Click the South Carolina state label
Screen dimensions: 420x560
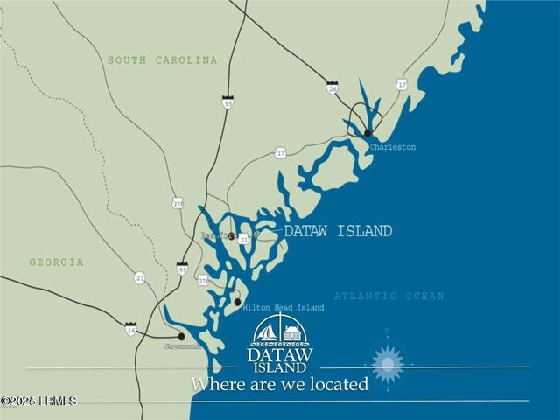[162, 60]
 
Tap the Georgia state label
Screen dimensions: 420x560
[56, 262]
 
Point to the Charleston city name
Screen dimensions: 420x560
[392, 147]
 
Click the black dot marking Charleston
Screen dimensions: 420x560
[367, 133]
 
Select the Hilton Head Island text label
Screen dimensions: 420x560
[283, 308]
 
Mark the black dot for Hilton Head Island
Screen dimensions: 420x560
[237, 302]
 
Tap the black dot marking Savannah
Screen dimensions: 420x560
[181, 336]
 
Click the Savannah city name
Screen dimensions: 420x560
[183, 346]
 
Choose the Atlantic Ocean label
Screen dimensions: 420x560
[388, 297]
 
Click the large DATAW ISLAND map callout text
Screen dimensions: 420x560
[338, 231]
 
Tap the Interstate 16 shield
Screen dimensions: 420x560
[130, 329]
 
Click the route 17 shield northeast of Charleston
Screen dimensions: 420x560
[402, 85]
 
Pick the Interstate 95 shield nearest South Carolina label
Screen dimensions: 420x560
[227, 102]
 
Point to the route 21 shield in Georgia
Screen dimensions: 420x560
[139, 277]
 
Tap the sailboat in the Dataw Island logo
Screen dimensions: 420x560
[266, 332]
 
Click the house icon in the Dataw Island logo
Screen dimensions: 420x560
[291, 332]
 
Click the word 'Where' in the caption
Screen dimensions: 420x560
[215, 383]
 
